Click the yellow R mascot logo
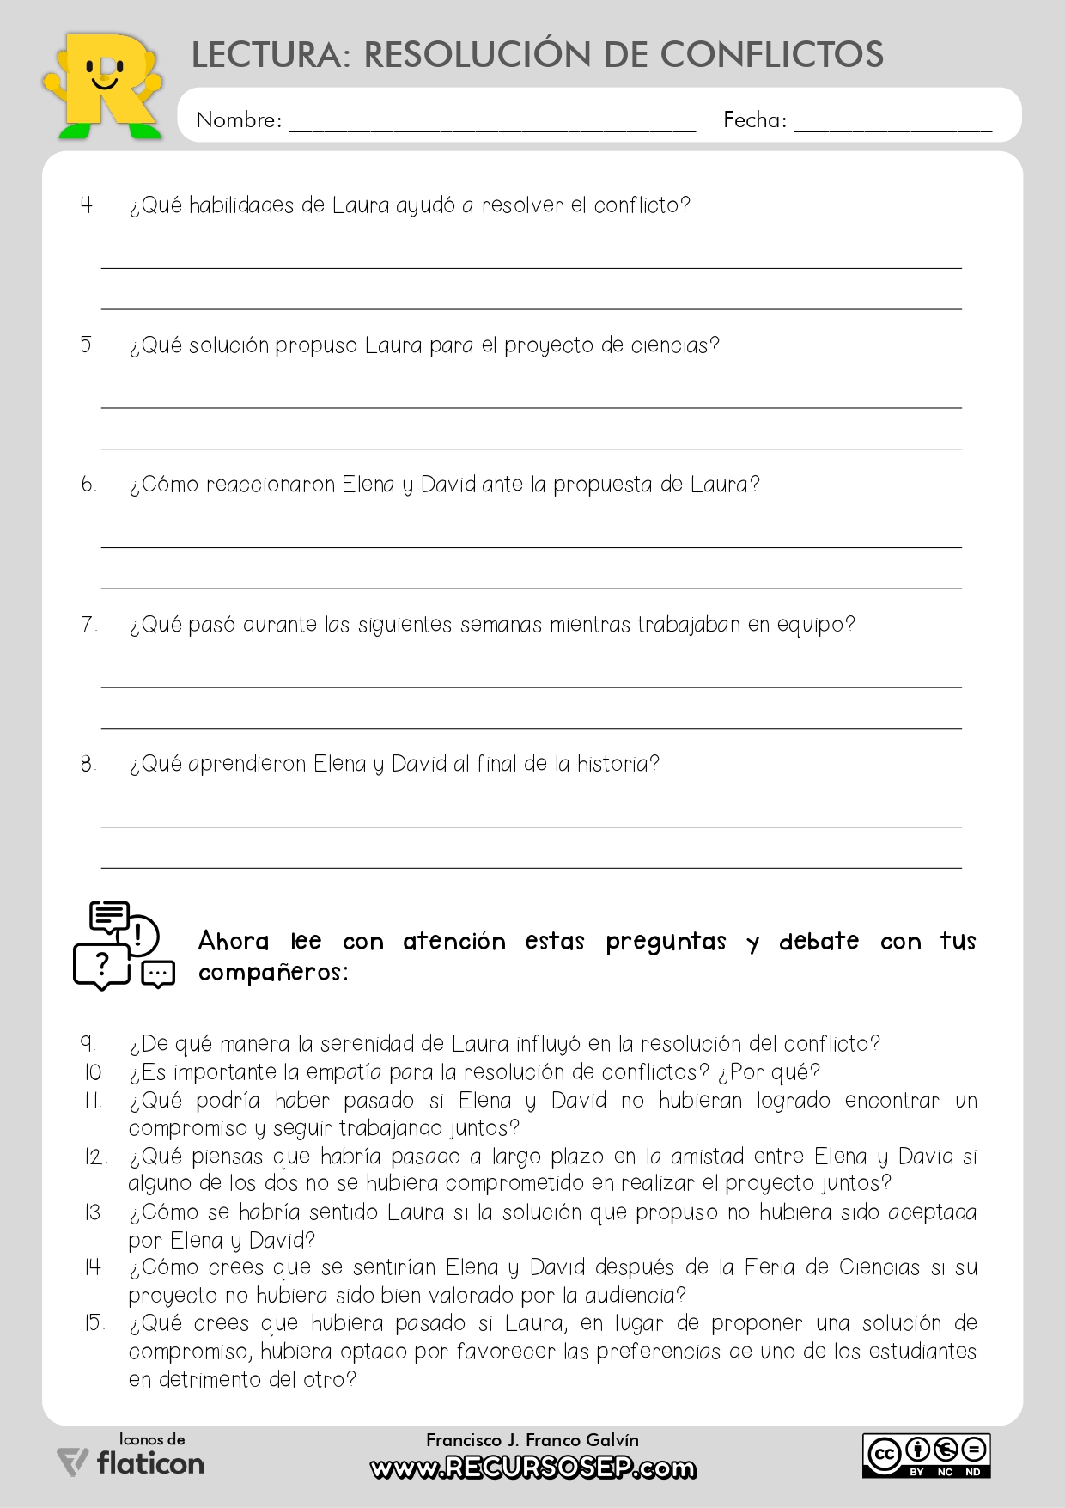click(x=103, y=86)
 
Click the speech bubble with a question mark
click(x=101, y=966)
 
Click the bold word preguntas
click(x=666, y=942)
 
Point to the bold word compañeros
click(x=272, y=973)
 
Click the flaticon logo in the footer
click(x=131, y=1462)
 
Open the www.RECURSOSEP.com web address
click(x=532, y=1468)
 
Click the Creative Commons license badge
click(x=927, y=1456)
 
